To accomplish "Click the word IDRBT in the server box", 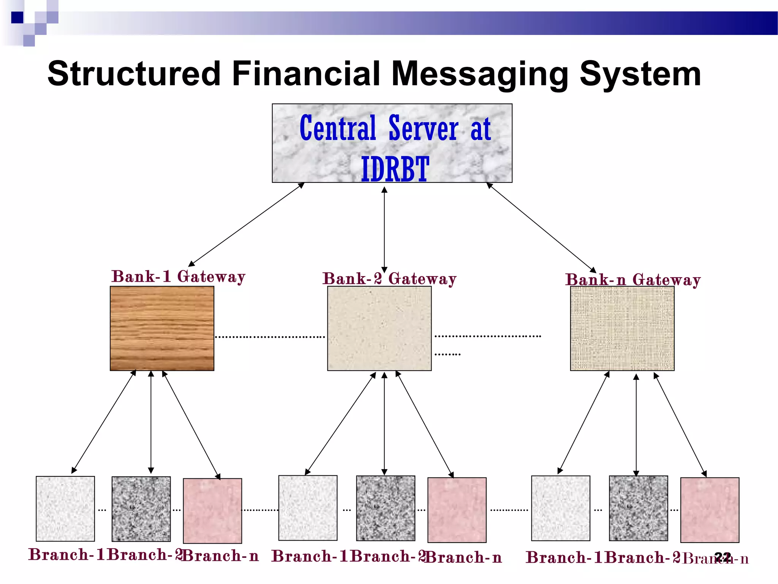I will [395, 169].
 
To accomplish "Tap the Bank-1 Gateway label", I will [178, 276].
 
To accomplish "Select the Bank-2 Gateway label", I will [389, 279].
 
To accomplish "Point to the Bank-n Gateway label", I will [633, 280].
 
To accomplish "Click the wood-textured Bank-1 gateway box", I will [162, 328].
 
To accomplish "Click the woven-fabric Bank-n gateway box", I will [622, 328].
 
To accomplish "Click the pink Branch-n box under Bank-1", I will [212, 511].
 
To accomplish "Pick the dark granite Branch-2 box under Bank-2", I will [386, 508].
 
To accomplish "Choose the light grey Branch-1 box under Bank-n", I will [560, 508].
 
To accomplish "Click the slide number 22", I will [723, 557].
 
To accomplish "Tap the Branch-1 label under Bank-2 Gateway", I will [310, 556].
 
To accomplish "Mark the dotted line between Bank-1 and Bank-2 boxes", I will [270, 337].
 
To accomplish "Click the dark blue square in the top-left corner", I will [17, 17].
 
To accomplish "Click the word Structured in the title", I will [134, 74].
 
